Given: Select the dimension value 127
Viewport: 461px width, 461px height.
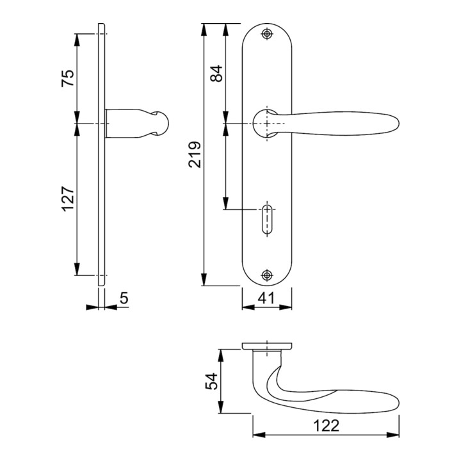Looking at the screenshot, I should click(69, 200).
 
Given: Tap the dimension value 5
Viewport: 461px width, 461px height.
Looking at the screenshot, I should click(124, 298).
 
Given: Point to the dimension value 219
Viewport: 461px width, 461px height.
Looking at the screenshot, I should click(195, 154).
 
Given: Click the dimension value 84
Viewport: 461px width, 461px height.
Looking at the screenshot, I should click(217, 74).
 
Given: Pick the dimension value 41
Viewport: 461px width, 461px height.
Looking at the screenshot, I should click(266, 298).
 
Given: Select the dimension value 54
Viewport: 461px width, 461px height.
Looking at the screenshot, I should click(212, 382).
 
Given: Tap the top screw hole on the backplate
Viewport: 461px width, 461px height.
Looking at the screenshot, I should click(267, 34).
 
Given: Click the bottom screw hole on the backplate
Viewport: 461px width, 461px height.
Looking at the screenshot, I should click(267, 275).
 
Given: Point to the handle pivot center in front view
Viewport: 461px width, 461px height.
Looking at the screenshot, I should click(267, 122).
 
